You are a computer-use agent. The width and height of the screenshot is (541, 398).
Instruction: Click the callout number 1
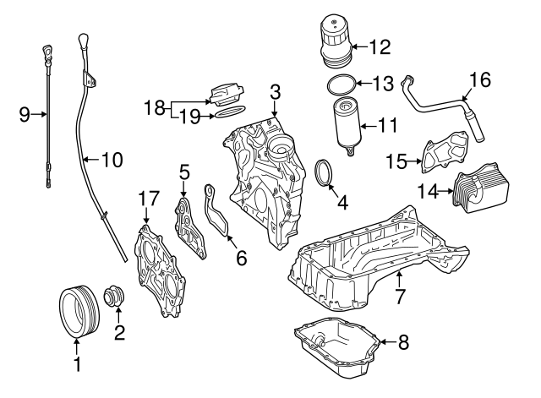76,365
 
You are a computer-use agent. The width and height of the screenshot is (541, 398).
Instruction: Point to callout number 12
379,45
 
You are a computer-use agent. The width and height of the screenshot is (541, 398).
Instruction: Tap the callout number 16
479,80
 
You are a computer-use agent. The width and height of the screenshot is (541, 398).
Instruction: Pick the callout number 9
25,113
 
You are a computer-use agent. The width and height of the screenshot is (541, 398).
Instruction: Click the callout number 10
112,159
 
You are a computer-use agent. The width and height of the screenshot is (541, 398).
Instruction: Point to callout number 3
275,90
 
